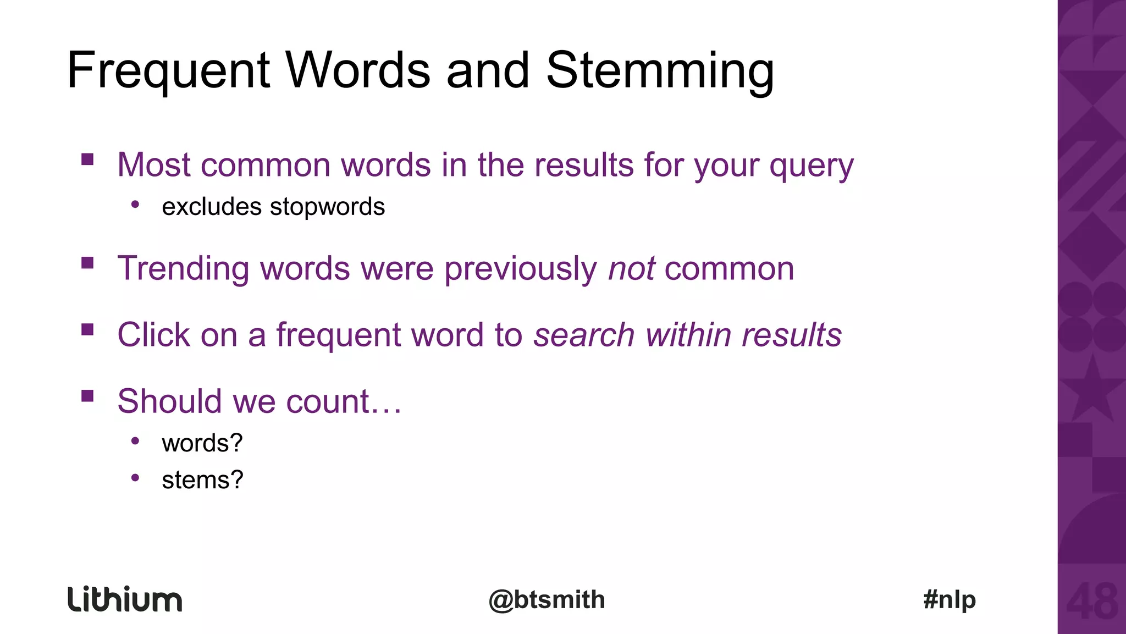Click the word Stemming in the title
pyautogui.click(x=660, y=70)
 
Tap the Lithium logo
pyautogui.click(x=125, y=599)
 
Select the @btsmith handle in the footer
pyautogui.click(x=547, y=599)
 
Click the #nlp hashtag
pyautogui.click(x=950, y=599)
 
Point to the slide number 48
pyautogui.click(x=1092, y=602)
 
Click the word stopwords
pyautogui.click(x=327, y=207)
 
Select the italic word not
pyautogui.click(x=631, y=268)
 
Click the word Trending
pyautogui.click(x=183, y=268)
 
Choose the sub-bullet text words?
pyautogui.click(x=202, y=443)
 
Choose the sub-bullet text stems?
pyautogui.click(x=202, y=480)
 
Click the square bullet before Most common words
pyautogui.click(x=87, y=160)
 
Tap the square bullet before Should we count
pyautogui.click(x=87, y=396)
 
